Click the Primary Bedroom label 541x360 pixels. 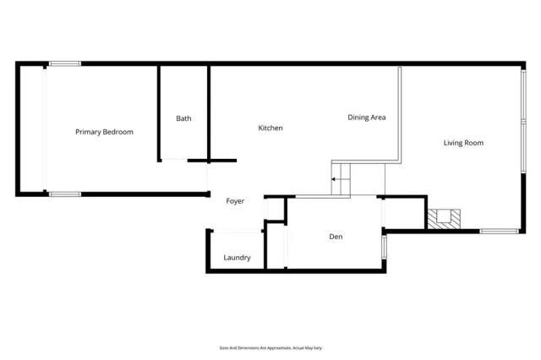104,132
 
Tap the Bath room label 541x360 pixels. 183,118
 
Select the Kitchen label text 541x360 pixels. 270,128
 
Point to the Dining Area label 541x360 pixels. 367,117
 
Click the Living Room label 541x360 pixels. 463,143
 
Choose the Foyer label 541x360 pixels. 235,201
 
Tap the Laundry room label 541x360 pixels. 237,258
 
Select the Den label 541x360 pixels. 336,237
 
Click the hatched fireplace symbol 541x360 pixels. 445,219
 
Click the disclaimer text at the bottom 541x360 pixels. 270,348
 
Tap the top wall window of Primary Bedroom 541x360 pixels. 64,63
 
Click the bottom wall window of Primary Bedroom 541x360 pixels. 64,194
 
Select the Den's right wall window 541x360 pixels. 385,246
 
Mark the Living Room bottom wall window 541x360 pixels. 499,230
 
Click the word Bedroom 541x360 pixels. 117,132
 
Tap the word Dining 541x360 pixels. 358,117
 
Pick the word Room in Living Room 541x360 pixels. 474,143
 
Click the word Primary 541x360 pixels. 88,132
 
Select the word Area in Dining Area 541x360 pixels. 378,117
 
